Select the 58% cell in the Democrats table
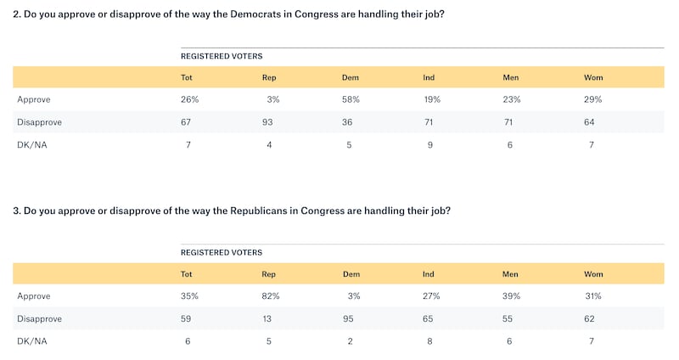click(x=351, y=99)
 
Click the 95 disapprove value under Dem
click(x=349, y=318)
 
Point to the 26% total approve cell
click(x=190, y=99)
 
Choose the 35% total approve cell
click(x=190, y=295)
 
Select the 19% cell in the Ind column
click(x=431, y=99)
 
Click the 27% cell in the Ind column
click(x=432, y=295)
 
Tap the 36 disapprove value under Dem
click(x=349, y=121)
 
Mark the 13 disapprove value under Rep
click(x=268, y=318)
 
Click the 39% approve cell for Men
click(x=513, y=295)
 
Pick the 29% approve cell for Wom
click(x=592, y=99)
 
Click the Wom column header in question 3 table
click(x=592, y=273)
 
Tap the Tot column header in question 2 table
click(x=187, y=77)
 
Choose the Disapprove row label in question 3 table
click(x=39, y=318)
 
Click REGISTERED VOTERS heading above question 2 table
click(x=222, y=56)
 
